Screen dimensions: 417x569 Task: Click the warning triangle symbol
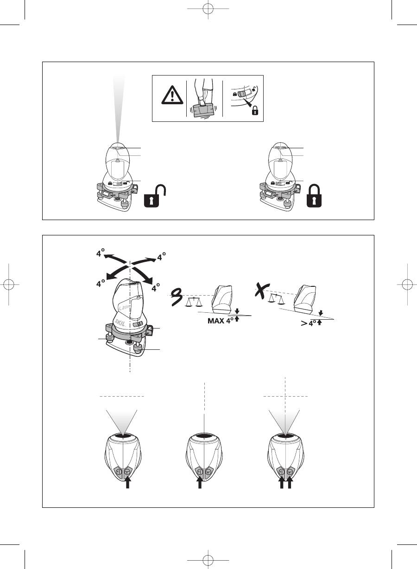pyautogui.click(x=172, y=95)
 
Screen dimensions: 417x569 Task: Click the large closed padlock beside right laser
pyautogui.click(x=314, y=196)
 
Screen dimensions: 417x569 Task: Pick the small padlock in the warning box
pyautogui.click(x=255, y=110)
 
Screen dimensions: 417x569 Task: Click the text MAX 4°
pyautogui.click(x=221, y=321)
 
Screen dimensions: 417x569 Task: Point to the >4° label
pyautogui.click(x=309, y=323)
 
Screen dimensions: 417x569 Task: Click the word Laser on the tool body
pyautogui.click(x=125, y=307)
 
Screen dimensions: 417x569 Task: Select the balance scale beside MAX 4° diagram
pyautogui.click(x=194, y=302)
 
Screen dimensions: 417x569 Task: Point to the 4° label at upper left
pyautogui.click(x=100, y=253)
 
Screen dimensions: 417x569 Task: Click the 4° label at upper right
pyautogui.click(x=162, y=257)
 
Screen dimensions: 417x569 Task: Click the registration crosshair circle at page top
pyautogui.click(x=208, y=9)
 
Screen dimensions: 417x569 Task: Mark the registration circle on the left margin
pyautogui.click(x=9, y=284)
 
